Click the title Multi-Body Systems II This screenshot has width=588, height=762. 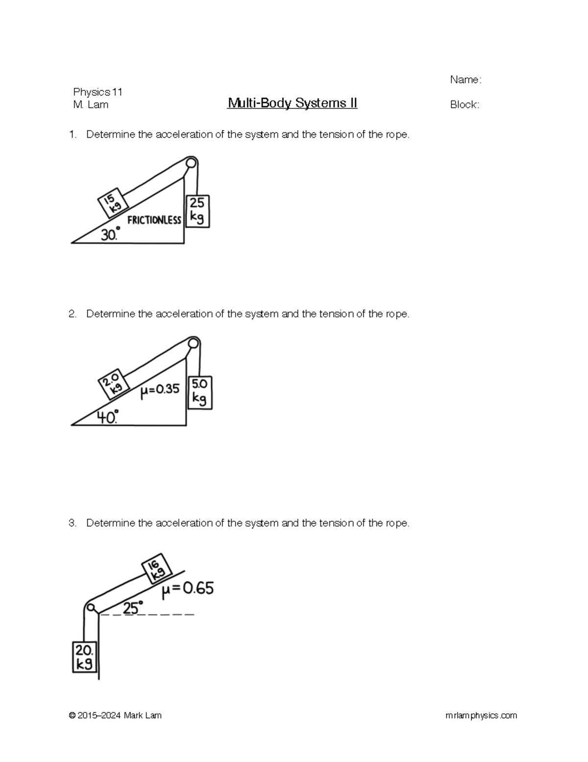(292, 104)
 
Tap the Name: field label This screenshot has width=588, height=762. (465, 80)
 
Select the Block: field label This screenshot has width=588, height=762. (464, 105)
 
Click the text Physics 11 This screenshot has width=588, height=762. (98, 92)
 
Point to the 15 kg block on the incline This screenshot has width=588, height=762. (112, 203)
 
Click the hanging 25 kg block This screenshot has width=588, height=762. (197, 211)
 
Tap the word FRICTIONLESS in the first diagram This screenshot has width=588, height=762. (154, 220)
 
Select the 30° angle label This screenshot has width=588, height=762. (110, 235)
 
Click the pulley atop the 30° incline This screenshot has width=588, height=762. (191, 162)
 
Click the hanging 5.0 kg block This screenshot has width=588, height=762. (200, 393)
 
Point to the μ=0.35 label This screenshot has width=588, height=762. (160, 390)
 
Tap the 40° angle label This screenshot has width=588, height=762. (107, 418)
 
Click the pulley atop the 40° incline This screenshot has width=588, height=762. (194, 342)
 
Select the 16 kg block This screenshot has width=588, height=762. (157, 568)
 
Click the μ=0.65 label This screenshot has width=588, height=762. (188, 589)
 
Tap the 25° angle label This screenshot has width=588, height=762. (133, 608)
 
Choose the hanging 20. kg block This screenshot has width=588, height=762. (84, 657)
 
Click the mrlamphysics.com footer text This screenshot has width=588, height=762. (481, 715)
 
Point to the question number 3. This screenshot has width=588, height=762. (73, 523)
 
